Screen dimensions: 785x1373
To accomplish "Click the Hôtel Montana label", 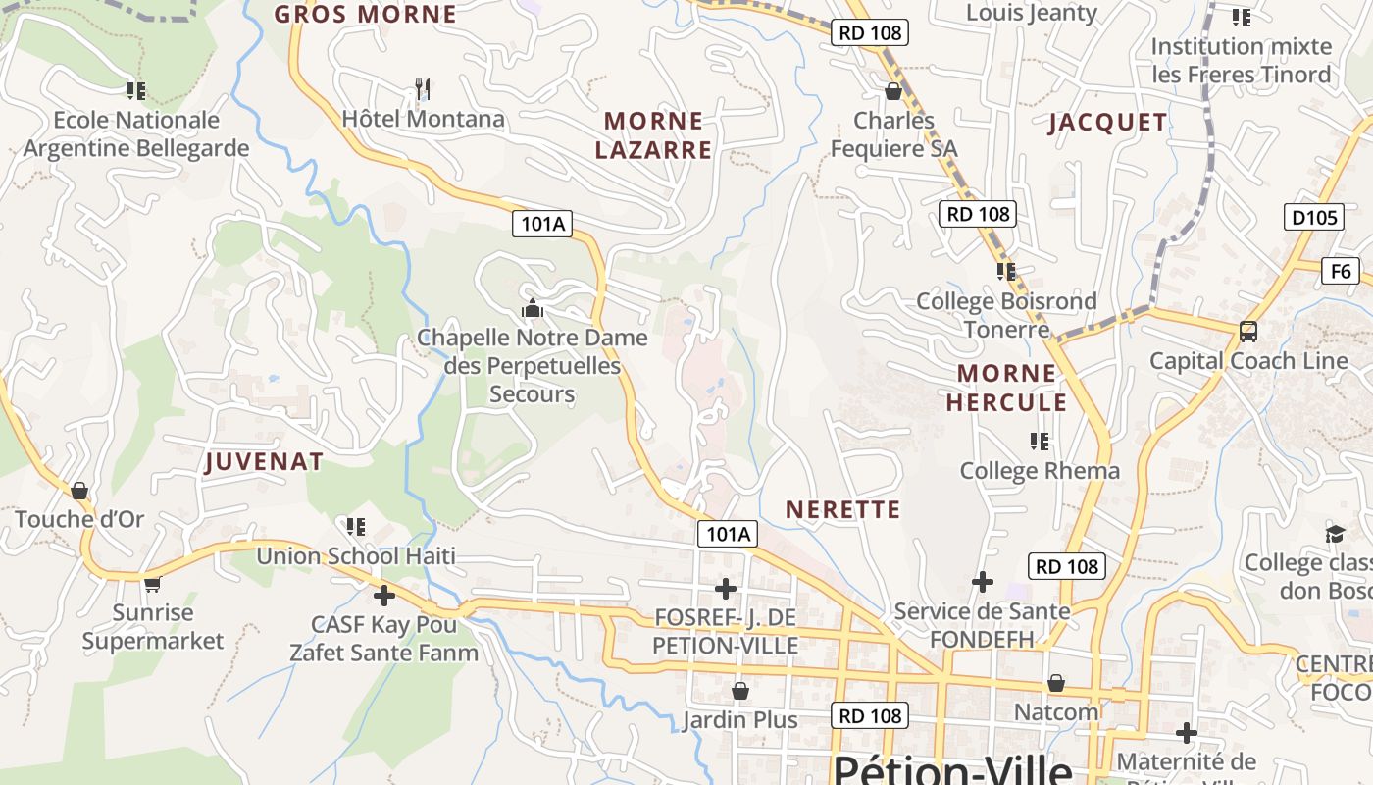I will pyautogui.click(x=423, y=119).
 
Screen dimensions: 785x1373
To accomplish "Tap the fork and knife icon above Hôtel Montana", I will pyautogui.click(x=423, y=89).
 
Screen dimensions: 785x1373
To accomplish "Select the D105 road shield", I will pyautogui.click(x=1313, y=217).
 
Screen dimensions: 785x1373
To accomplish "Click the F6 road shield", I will pyautogui.click(x=1341, y=271).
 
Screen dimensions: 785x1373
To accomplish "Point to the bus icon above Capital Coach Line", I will pyautogui.click(x=1247, y=332).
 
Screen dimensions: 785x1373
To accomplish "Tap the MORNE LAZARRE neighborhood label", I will pyautogui.click(x=653, y=135).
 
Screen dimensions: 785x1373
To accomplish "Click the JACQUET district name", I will pyautogui.click(x=1108, y=123).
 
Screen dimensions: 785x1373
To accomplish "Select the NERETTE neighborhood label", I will pyautogui.click(x=842, y=509).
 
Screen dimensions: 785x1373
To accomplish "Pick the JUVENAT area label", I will pyautogui.click(x=264, y=462).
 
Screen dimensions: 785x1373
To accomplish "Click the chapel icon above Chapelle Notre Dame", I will pyautogui.click(x=533, y=309).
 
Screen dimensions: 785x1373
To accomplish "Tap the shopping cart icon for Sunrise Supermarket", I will pyautogui.click(x=152, y=585).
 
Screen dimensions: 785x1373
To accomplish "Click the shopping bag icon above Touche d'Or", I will pyautogui.click(x=79, y=491).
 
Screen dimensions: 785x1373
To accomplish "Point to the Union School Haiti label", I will pyautogui.click(x=356, y=556).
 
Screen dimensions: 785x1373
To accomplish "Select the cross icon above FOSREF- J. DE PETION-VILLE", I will pyautogui.click(x=725, y=589).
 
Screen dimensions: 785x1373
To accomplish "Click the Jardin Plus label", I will pyautogui.click(x=739, y=720).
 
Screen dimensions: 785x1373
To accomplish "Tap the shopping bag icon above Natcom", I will pyautogui.click(x=1055, y=683).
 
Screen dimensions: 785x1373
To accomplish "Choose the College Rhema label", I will pyautogui.click(x=1040, y=471).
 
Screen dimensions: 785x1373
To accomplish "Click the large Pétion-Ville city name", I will pyautogui.click(x=951, y=768).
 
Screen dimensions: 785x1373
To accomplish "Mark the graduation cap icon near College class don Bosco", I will pyautogui.click(x=1335, y=533).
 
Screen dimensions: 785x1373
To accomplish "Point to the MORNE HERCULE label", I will pyautogui.click(x=1006, y=388).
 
